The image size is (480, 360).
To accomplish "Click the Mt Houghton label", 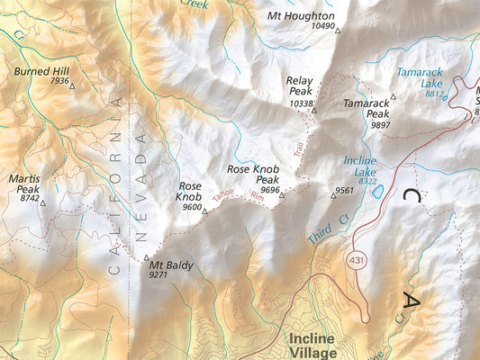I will [x=301, y=16].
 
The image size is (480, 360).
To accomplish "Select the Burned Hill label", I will [x=41, y=70].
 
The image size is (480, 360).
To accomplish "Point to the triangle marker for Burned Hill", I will [x=73, y=85].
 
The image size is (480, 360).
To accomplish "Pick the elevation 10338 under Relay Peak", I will [x=302, y=104].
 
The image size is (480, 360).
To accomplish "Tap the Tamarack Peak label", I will [x=367, y=109].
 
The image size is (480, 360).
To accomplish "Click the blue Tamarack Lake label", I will [x=419, y=76].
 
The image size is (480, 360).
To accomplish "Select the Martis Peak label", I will [x=24, y=184].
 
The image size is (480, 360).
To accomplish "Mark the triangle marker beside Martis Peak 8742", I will [x=42, y=202].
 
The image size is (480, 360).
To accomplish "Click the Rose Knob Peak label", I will [x=254, y=174].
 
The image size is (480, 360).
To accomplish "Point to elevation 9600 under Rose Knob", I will [x=192, y=207].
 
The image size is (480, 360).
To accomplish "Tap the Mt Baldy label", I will [x=171, y=265].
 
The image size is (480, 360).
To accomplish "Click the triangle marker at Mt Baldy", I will [x=147, y=258].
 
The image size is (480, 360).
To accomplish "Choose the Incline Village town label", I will [x=312, y=346].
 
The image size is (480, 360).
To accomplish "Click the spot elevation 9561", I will [x=344, y=191].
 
